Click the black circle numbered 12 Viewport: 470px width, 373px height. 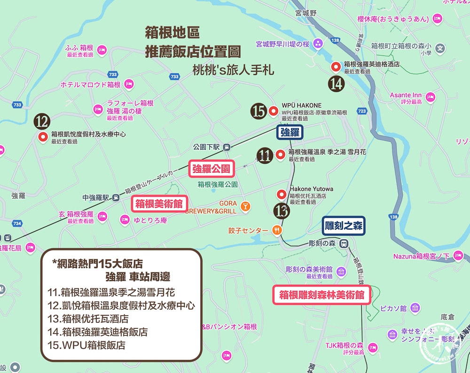tap(42, 122)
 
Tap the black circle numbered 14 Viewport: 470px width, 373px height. tap(337, 84)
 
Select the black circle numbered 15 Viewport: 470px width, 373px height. tap(259, 111)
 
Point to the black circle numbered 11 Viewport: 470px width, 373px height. tap(265, 155)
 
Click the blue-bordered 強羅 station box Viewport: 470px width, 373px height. tap(290, 132)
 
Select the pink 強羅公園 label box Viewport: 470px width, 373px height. tap(211, 169)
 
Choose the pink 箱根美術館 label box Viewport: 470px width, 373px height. tap(158, 204)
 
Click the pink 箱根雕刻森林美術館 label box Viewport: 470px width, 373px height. tap(321, 295)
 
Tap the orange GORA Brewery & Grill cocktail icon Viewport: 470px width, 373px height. tap(245, 206)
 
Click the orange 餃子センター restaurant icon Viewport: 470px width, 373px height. tap(277, 230)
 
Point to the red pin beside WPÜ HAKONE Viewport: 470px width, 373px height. tap(274, 111)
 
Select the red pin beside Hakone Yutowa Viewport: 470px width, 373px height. tap(282, 194)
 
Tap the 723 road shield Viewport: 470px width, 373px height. tap(361, 111)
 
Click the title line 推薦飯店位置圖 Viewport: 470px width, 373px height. tap(193, 51)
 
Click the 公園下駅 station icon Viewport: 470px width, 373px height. tap(227, 147)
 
